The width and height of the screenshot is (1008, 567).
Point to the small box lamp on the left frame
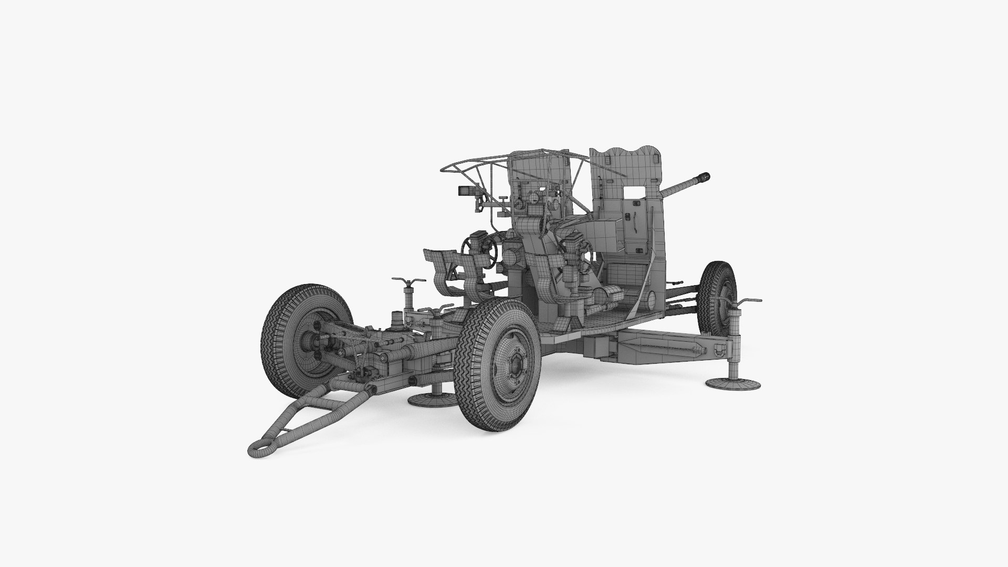(465, 189)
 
